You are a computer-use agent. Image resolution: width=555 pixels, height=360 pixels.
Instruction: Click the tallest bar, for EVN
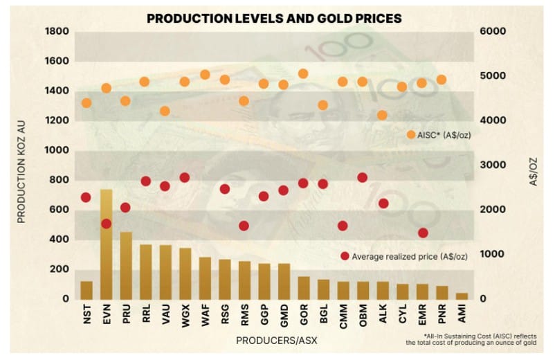tap(106, 244)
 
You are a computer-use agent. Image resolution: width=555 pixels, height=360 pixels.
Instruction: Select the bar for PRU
tap(126, 265)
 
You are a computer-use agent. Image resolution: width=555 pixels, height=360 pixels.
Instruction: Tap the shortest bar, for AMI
tap(462, 296)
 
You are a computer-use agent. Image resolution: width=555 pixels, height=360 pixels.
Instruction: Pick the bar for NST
tap(87, 289)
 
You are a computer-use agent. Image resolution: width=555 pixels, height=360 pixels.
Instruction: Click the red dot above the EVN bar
tap(106, 224)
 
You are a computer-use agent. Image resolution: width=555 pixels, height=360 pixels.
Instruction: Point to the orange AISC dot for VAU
tap(165, 111)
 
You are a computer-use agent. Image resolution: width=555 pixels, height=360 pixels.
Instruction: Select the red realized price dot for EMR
tap(422, 233)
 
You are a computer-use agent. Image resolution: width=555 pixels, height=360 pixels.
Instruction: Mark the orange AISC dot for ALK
tap(382, 115)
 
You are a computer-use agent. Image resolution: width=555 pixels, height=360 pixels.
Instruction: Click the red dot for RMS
tap(244, 226)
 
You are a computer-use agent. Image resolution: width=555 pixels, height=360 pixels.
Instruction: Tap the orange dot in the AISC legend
tap(411, 134)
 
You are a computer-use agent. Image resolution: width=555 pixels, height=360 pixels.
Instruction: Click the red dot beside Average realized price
tap(345, 256)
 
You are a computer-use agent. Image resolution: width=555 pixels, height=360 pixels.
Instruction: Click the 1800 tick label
tap(57, 32)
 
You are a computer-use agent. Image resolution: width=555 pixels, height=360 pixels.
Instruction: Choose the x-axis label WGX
tap(185, 318)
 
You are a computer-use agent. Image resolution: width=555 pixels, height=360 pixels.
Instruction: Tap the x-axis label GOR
tap(303, 318)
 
